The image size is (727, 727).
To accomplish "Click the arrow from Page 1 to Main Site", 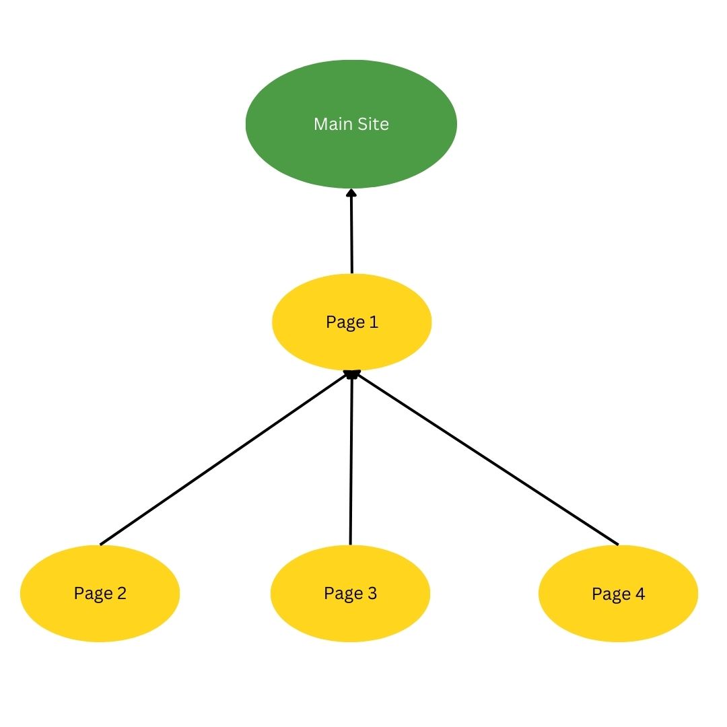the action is [x=351, y=231].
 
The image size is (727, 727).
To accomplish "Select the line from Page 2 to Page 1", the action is [x=225, y=458].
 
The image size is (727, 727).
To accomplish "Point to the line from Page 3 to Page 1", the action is [x=351, y=458].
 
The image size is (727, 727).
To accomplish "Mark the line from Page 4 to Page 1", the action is [x=487, y=459].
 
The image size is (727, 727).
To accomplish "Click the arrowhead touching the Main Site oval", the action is [x=351, y=192].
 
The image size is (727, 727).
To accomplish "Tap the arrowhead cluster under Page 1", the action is [x=352, y=374].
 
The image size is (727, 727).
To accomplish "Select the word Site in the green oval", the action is [x=373, y=124].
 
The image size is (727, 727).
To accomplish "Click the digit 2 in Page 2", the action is [x=121, y=593].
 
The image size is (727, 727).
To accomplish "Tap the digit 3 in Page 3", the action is [x=372, y=593].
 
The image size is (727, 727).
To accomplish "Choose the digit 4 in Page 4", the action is [x=640, y=594].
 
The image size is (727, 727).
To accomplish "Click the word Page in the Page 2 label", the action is [x=93, y=594].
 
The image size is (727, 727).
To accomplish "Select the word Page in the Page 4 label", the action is [x=611, y=595].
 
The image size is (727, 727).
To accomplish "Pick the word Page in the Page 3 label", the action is [x=343, y=594].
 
